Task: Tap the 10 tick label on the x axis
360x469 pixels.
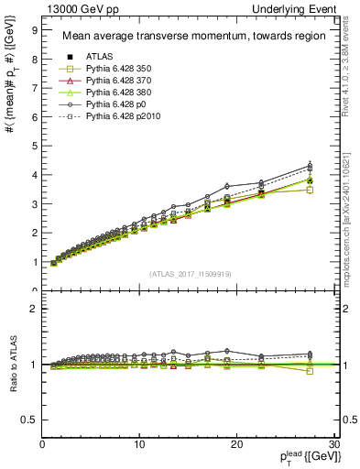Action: click(139, 445)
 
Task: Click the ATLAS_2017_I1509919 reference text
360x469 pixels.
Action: click(190, 273)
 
